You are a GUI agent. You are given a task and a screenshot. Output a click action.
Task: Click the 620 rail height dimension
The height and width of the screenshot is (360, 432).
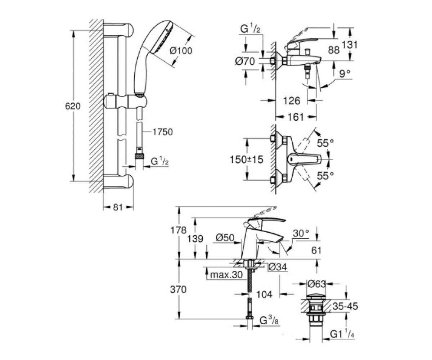click(x=73, y=106)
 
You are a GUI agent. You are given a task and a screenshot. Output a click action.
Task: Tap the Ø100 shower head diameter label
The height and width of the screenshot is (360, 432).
click(x=181, y=50)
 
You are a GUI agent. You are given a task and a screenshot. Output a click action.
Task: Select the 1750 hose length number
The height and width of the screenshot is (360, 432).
click(x=162, y=132)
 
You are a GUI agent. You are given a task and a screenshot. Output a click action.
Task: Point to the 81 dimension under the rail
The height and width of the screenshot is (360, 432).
click(x=118, y=207)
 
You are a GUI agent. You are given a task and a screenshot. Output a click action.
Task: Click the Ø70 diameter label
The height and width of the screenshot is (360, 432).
click(x=245, y=61)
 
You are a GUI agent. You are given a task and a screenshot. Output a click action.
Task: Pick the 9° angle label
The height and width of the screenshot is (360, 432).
click(x=345, y=74)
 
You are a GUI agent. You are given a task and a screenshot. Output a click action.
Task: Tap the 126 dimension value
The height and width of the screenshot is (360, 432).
click(x=292, y=101)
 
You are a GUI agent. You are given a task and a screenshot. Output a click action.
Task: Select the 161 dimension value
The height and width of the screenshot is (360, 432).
click(x=296, y=117)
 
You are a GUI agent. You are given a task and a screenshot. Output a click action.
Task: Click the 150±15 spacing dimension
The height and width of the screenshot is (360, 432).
click(x=246, y=159)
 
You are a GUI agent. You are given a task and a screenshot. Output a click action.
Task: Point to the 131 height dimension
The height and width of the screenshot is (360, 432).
click(x=350, y=45)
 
